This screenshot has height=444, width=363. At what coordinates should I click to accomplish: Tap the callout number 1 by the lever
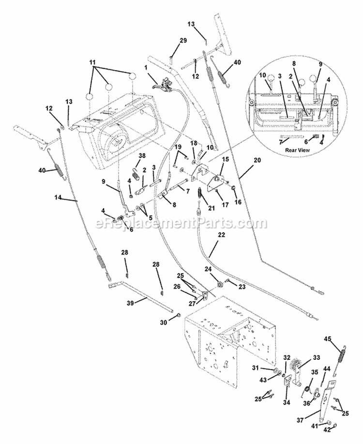click(145, 68)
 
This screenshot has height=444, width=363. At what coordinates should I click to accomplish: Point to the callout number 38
click(142, 156)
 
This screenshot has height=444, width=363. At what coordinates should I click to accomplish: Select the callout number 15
click(225, 159)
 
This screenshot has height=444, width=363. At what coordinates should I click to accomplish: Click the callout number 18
click(193, 143)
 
